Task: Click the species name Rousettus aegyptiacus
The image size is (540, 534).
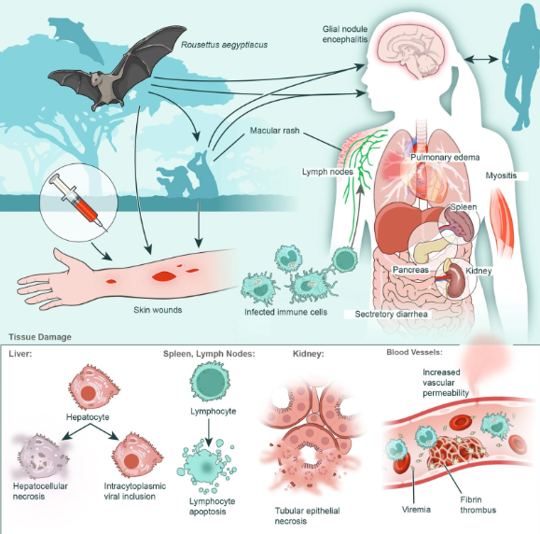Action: (x=224, y=45)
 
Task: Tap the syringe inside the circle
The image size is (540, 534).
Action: (x=77, y=201)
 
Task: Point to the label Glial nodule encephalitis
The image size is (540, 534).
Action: (x=345, y=34)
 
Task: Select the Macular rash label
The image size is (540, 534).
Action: (x=274, y=131)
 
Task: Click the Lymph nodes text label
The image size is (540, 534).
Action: (x=327, y=172)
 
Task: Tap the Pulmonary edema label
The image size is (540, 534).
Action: (x=445, y=158)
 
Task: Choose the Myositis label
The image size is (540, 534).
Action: (x=501, y=176)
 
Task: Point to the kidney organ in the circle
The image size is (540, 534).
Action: (x=456, y=281)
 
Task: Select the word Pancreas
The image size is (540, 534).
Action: (x=410, y=270)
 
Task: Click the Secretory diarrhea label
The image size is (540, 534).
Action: (x=391, y=314)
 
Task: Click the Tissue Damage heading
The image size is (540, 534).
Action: (x=40, y=337)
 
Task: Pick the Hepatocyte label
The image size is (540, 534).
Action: (x=88, y=417)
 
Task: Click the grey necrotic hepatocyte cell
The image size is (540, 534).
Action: (x=41, y=456)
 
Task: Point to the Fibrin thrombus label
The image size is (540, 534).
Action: (x=478, y=505)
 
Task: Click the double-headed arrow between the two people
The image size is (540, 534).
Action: (x=481, y=60)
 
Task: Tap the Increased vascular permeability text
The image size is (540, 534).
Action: (x=446, y=383)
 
